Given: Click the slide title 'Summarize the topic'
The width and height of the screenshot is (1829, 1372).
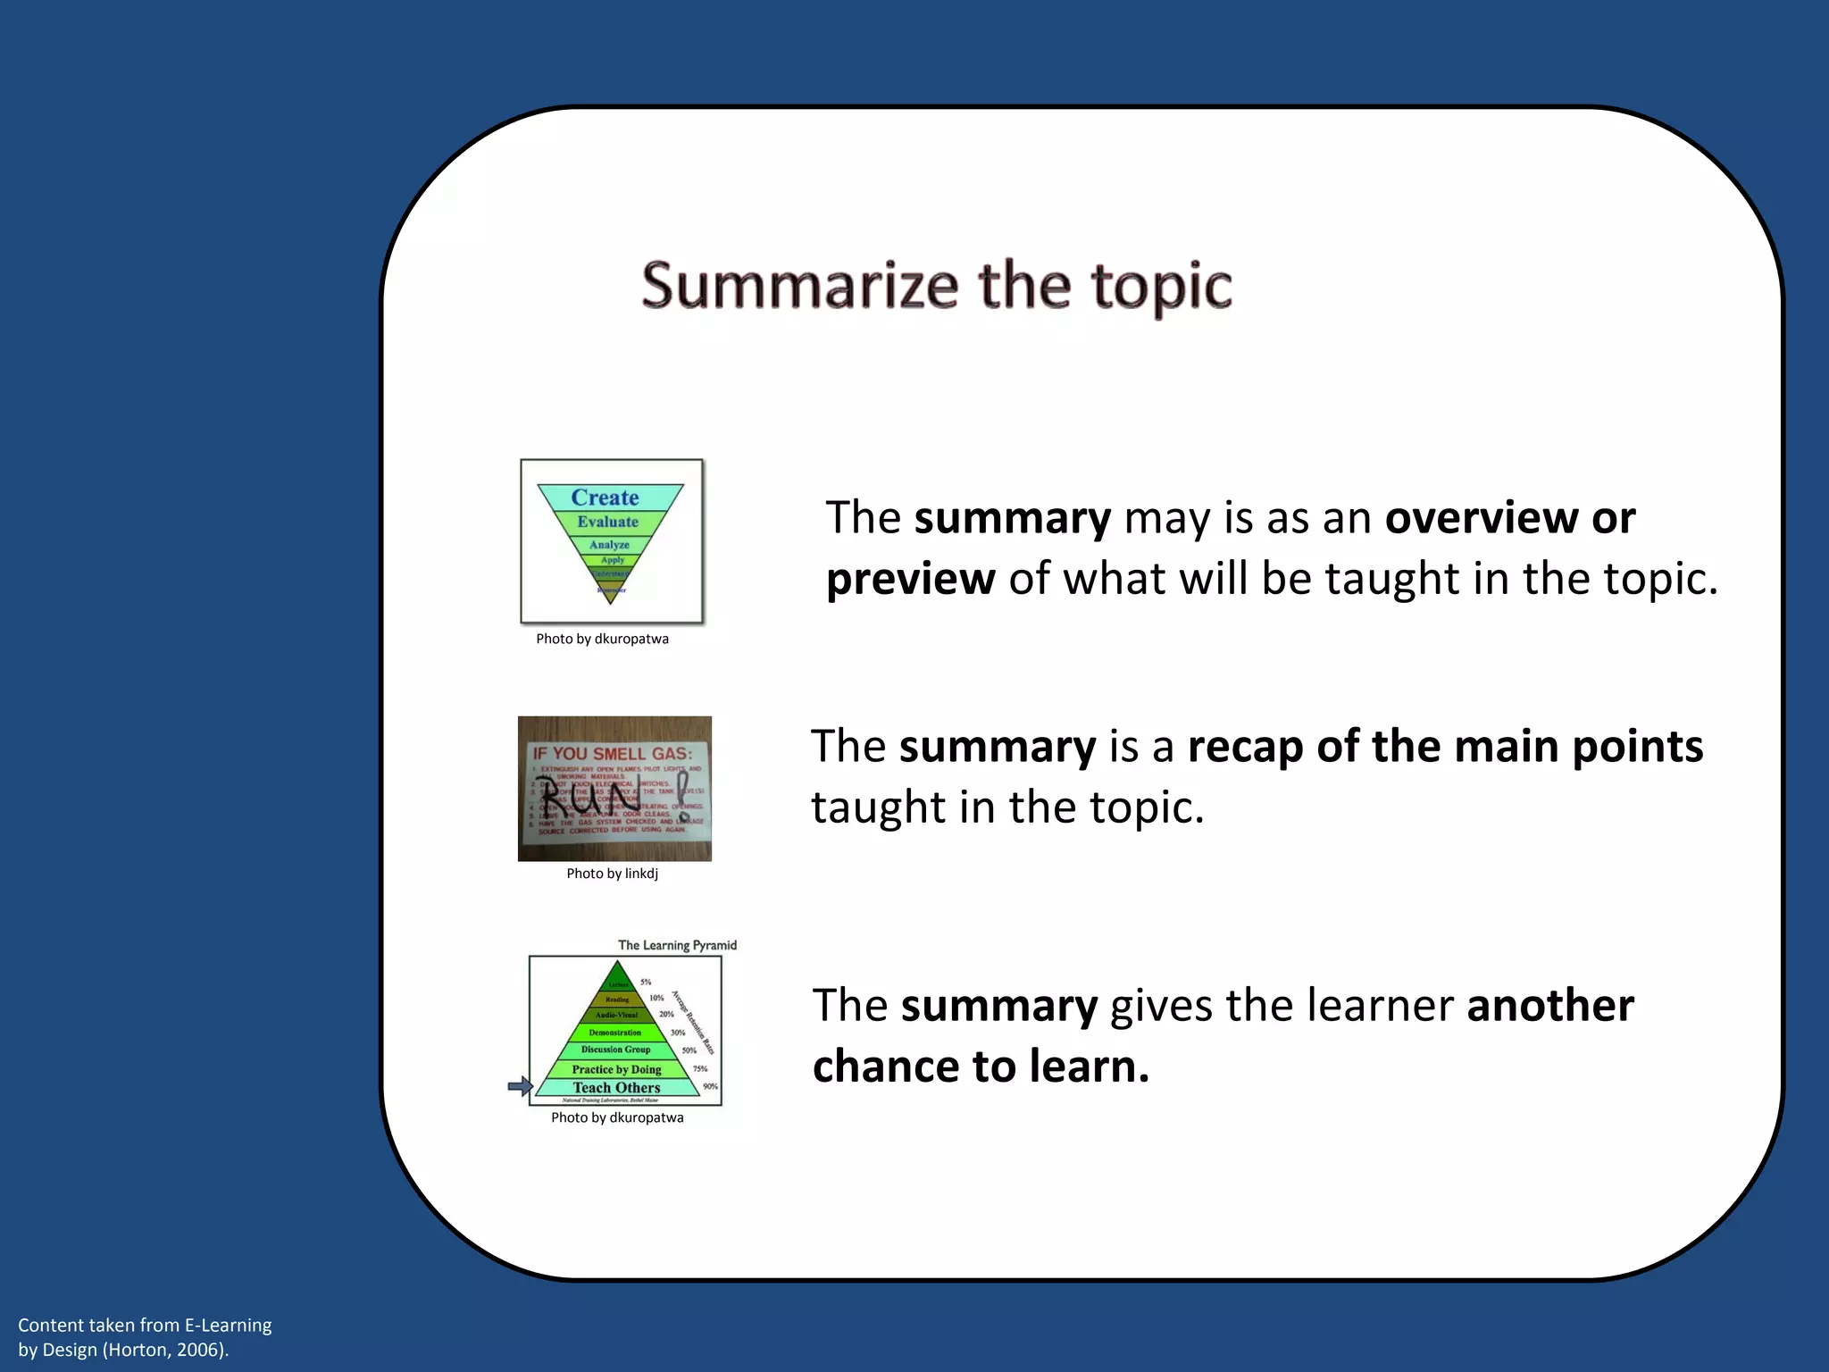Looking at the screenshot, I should [x=936, y=286].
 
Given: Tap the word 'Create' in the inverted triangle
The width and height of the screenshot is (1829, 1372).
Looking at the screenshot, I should [x=605, y=498].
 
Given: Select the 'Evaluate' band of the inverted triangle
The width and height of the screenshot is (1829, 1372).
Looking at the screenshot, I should [x=607, y=522].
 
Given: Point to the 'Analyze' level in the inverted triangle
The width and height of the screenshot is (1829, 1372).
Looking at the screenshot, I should [x=609, y=544].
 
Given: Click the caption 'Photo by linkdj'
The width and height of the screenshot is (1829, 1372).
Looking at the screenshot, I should [x=612, y=874].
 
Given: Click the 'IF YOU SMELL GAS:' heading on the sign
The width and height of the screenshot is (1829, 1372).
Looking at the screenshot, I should [x=613, y=753].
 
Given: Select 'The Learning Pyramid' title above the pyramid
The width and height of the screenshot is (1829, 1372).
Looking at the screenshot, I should [x=677, y=945].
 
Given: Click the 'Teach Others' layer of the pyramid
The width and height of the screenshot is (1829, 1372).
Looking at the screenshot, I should [x=616, y=1087].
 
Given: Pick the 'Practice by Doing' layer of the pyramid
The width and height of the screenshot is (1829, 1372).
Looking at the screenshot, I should [x=616, y=1069].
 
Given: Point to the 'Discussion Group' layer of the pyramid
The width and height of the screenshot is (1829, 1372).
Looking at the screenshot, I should [x=615, y=1050].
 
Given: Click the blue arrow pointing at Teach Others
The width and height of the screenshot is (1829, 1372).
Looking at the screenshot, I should [x=520, y=1086].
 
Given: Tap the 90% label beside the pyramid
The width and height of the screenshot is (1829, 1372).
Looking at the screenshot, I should [x=710, y=1086].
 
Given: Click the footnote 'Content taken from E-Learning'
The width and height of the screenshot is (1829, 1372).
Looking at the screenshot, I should [x=145, y=1325].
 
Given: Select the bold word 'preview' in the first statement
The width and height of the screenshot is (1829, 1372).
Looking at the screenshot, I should [x=910, y=579].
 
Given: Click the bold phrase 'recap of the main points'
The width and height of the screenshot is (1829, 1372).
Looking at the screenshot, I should [x=1445, y=746].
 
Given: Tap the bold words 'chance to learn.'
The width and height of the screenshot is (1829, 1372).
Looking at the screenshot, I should [x=981, y=1067].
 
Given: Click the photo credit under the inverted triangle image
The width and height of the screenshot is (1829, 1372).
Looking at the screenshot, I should [x=602, y=639].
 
